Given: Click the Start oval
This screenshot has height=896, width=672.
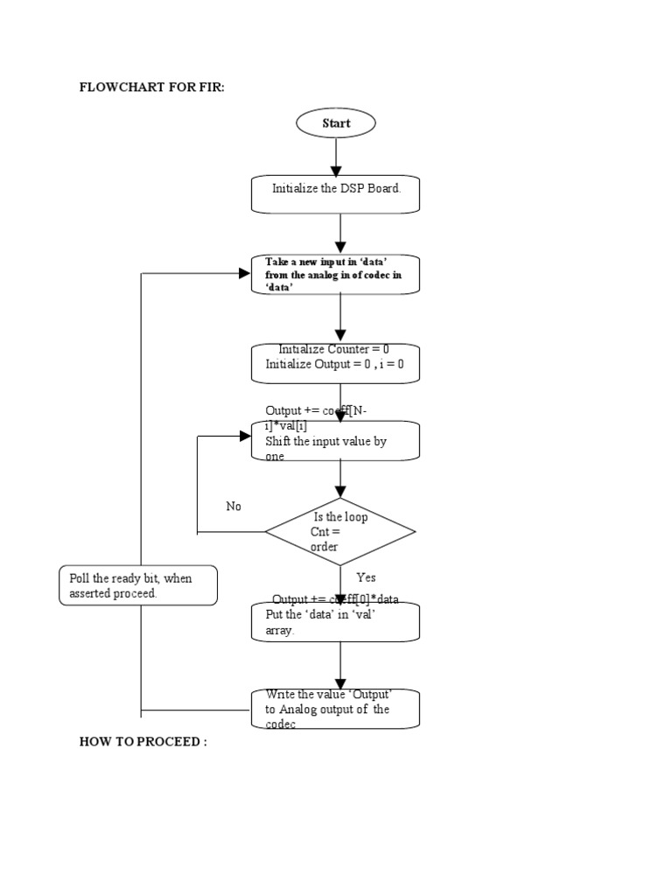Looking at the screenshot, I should (336, 123).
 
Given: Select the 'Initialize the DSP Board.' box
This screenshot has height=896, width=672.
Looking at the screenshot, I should (336, 194).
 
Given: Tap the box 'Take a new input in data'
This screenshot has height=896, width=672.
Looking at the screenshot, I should (336, 274).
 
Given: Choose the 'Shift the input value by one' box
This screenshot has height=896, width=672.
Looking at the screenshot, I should (336, 441).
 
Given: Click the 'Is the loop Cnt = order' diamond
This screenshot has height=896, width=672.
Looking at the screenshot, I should (340, 531).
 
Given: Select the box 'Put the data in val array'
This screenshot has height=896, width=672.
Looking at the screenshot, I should (336, 621).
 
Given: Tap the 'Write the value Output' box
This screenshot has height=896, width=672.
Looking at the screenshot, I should (336, 709).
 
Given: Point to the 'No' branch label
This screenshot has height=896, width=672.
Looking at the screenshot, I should (234, 507).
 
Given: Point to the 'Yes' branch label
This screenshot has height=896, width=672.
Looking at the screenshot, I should (366, 577).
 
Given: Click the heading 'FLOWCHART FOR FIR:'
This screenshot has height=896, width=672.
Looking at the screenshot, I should (152, 89).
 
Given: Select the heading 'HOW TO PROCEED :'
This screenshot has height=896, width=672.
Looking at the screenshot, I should (143, 742).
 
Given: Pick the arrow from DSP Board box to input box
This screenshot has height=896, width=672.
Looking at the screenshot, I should (339, 234).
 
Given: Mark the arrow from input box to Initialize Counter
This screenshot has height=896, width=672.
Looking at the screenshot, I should (339, 318).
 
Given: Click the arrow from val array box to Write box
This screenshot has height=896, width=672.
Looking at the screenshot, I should (339, 665).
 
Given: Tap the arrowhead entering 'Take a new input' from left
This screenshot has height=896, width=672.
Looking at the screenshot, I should (245, 274).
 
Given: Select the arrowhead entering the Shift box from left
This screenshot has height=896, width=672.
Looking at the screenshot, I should (245, 436).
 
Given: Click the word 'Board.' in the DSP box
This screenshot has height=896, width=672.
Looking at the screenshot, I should (383, 188).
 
